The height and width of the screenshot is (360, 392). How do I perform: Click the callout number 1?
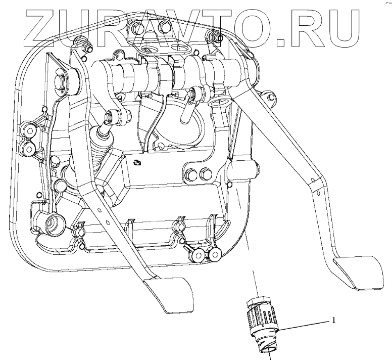click(333, 320)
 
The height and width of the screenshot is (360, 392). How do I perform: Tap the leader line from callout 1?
click(303, 326)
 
